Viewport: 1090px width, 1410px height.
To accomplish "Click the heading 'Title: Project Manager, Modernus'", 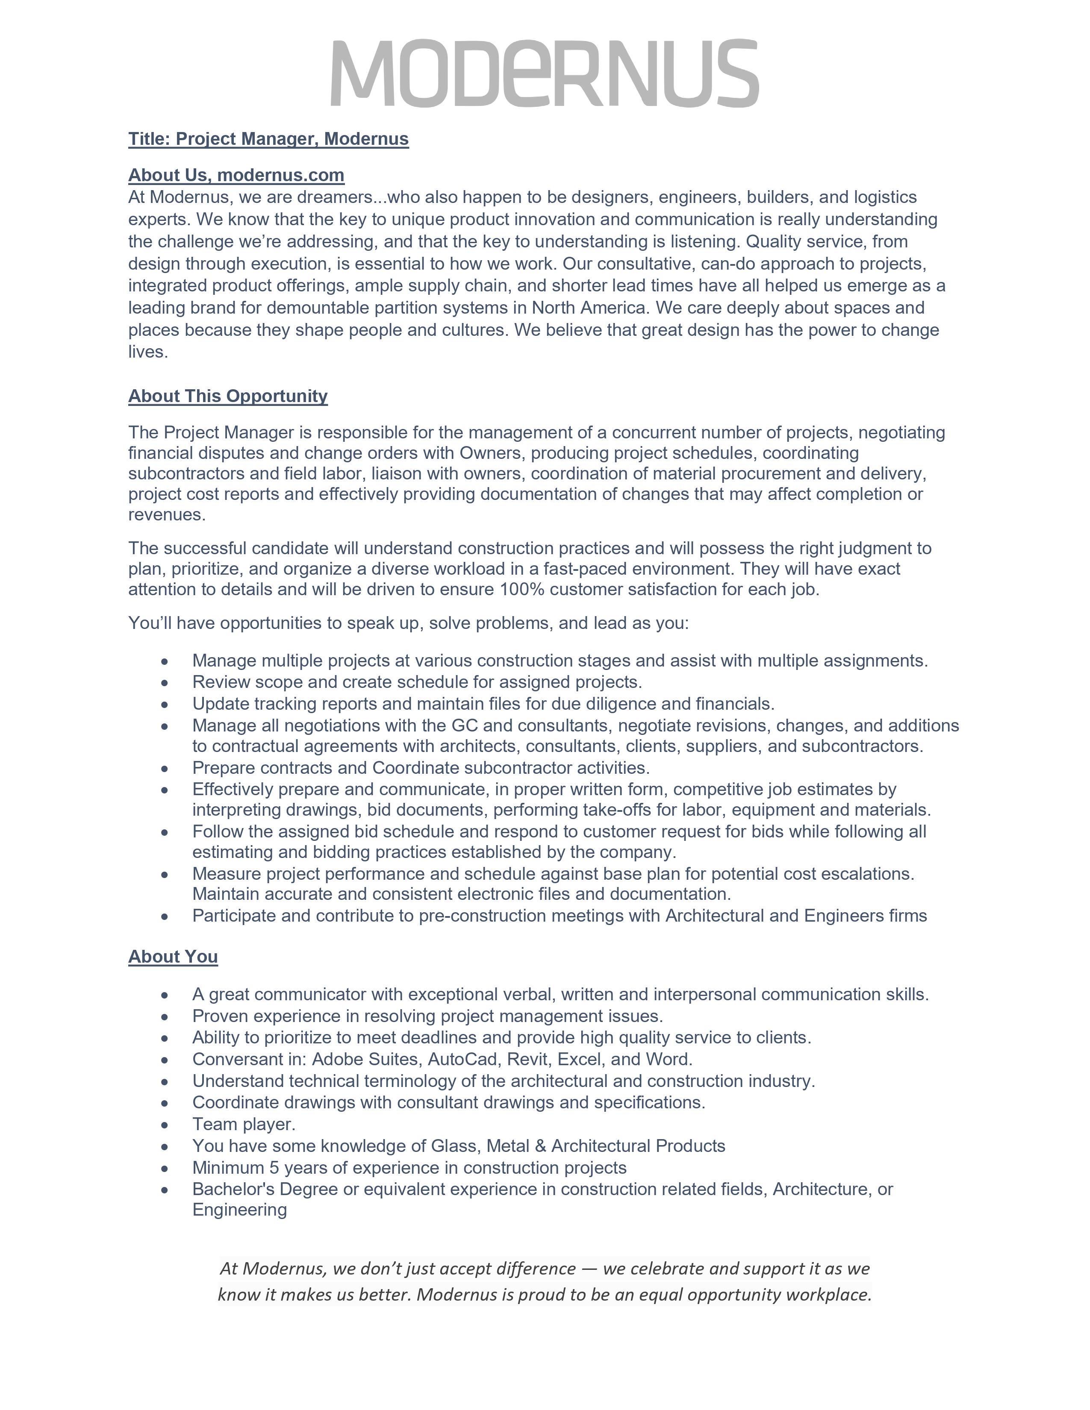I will click(268, 139).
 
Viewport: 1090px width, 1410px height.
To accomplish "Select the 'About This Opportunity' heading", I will click(227, 396).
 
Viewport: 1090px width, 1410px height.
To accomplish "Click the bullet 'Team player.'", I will click(244, 1124).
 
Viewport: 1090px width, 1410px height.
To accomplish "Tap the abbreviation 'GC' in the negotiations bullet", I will click(464, 725).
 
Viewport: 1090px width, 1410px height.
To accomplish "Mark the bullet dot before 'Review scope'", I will click(165, 682).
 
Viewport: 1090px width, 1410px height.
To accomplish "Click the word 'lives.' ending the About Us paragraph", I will click(148, 352).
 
